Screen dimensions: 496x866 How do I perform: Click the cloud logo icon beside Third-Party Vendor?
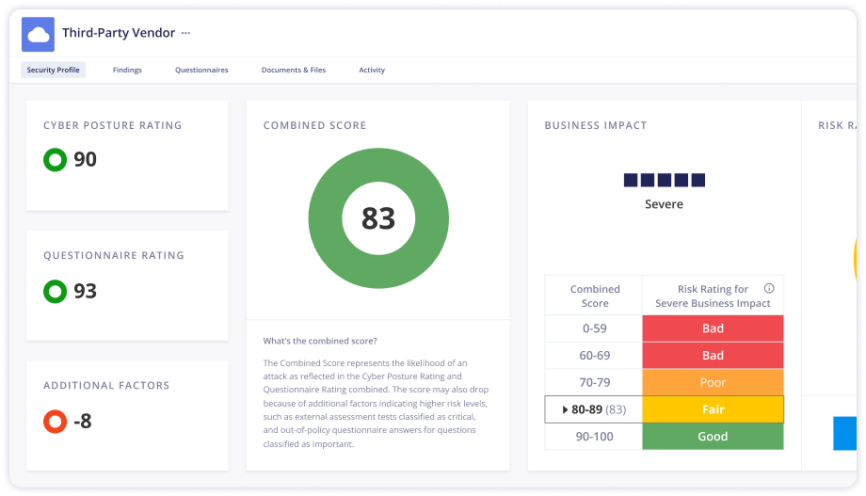38,35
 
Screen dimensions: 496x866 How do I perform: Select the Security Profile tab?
54,70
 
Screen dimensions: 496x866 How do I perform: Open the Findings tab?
127,70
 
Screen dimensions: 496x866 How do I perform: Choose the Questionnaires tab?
201,70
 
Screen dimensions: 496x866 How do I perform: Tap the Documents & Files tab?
294,70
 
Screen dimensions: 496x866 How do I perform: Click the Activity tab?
372,70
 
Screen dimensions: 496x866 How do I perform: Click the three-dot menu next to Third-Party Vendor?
185,33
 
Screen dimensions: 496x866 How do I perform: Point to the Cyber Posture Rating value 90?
85,160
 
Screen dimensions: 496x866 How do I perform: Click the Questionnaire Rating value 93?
85,291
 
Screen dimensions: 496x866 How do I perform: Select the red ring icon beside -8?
55,421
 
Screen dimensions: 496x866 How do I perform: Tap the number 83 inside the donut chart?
378,217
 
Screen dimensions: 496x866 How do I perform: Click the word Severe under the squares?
664,204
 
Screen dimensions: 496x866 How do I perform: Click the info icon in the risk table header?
769,289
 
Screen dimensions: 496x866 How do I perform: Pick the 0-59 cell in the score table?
594,328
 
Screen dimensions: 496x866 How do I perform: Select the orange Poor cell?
713,382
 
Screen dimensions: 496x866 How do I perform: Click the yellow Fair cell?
713,409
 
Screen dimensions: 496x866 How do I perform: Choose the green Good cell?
713,436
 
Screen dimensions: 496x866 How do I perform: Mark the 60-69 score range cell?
594,355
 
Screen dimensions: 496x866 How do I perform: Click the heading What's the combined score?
320,341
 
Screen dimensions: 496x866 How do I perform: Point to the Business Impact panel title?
595,125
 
